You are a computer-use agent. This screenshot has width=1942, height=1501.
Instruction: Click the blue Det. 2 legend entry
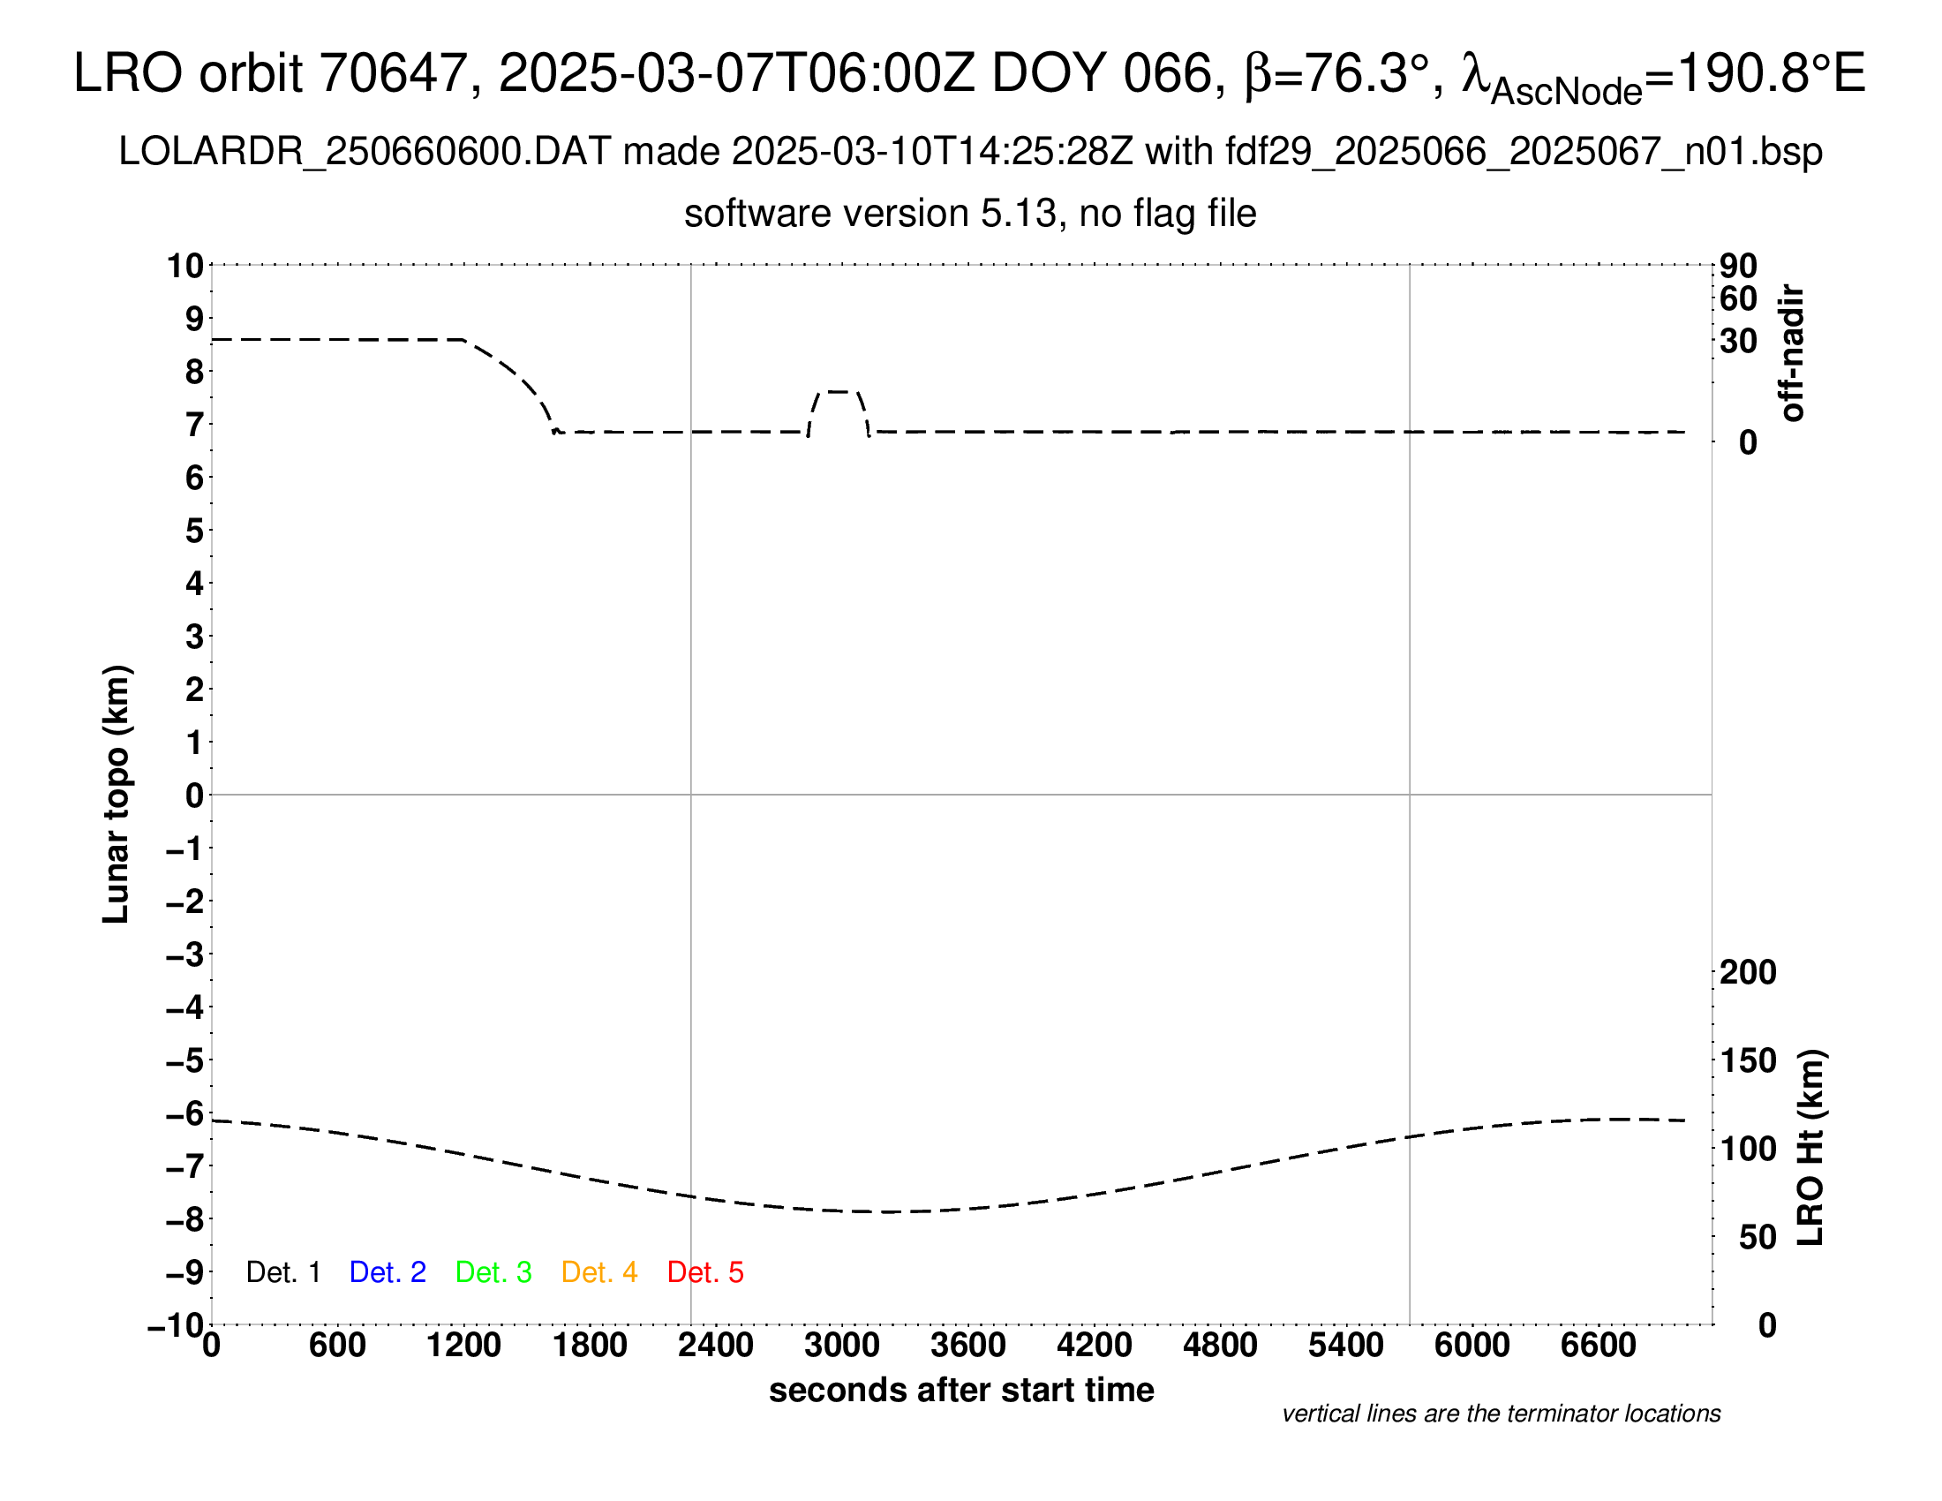point(388,1272)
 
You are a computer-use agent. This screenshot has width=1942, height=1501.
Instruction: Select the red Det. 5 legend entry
point(705,1272)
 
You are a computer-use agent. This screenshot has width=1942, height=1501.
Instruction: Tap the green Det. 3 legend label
point(493,1272)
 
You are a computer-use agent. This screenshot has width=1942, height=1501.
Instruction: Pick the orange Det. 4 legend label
point(599,1272)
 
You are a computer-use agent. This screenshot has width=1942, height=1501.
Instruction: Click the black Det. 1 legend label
point(282,1272)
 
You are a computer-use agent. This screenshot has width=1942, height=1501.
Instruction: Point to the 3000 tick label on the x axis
point(842,1346)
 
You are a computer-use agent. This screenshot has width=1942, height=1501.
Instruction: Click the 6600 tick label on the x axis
point(1598,1346)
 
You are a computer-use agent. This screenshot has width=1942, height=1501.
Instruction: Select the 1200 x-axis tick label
point(463,1346)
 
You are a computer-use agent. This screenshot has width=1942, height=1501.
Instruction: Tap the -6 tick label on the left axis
point(185,1113)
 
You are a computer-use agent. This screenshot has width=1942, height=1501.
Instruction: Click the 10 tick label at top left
point(186,266)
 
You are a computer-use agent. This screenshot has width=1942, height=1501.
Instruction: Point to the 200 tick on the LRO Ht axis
point(1748,973)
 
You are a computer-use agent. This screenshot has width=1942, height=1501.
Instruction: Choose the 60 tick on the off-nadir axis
point(1738,299)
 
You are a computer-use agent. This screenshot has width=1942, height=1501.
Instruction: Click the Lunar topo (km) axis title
point(117,795)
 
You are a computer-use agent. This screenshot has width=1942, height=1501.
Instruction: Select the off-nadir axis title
point(1792,353)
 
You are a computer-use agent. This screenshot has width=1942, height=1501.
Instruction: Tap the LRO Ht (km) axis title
point(1811,1148)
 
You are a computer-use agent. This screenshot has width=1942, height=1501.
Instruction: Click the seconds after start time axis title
point(961,1390)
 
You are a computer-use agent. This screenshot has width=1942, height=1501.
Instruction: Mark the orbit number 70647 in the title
point(393,73)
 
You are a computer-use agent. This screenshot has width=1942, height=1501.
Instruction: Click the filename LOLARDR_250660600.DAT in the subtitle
point(364,152)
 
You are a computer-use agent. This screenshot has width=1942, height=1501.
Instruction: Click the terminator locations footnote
point(1501,1414)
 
